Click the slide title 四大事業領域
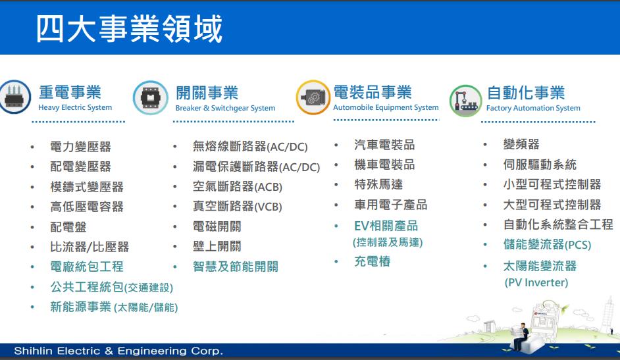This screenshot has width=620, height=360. point(129,28)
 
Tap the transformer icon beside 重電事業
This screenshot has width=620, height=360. point(14,97)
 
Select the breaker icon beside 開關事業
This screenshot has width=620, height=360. point(150,97)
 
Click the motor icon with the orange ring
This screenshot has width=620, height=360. point(313,97)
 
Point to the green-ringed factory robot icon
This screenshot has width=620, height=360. point(466,101)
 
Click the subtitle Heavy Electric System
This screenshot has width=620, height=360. point(75,107)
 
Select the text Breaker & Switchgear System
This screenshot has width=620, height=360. point(225,108)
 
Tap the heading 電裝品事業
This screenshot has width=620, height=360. point(373,92)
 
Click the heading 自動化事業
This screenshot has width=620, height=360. point(526,93)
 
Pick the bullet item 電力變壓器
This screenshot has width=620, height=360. point(81,147)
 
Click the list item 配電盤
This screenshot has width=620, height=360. point(68,227)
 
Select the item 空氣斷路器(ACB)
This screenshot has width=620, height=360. point(238,186)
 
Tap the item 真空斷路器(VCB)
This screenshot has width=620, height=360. point(237,206)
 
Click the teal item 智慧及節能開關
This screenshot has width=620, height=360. point(236,267)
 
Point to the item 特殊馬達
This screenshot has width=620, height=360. point(379,184)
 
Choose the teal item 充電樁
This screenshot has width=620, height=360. point(373,261)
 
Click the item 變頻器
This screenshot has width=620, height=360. point(521,144)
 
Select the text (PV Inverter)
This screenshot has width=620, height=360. point(536,282)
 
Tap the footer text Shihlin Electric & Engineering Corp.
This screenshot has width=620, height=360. point(118,351)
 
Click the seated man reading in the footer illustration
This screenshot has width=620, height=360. point(522,336)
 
